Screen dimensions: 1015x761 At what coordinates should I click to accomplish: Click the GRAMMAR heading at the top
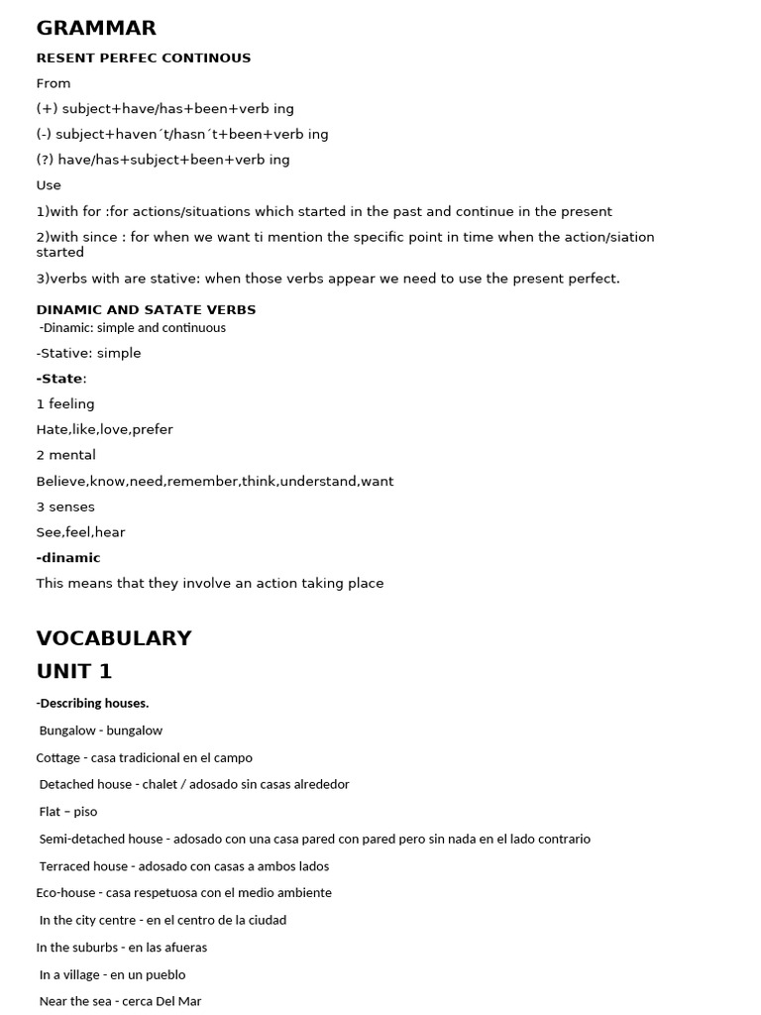[96, 28]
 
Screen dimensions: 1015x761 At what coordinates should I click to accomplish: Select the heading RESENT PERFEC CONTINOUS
[144, 57]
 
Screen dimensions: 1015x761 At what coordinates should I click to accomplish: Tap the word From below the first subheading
[54, 83]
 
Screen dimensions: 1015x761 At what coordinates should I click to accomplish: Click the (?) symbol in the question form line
[46, 160]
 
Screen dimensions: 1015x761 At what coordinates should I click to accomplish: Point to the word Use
[49, 185]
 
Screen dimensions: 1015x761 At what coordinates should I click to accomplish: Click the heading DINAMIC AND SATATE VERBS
[146, 309]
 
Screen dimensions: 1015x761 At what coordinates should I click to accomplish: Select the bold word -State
[59, 379]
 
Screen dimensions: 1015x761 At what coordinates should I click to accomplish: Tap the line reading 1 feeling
[65, 404]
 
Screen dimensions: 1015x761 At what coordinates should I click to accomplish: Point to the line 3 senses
[65, 507]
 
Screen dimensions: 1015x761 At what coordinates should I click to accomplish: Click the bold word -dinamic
[68, 558]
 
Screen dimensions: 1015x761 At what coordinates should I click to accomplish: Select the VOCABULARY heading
[114, 638]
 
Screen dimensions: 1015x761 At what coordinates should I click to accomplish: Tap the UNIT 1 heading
[74, 671]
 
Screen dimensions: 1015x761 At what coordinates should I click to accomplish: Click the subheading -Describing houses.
[92, 703]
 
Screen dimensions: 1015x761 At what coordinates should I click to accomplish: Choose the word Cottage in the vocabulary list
[57, 757]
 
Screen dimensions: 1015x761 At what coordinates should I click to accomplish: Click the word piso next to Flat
[85, 812]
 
